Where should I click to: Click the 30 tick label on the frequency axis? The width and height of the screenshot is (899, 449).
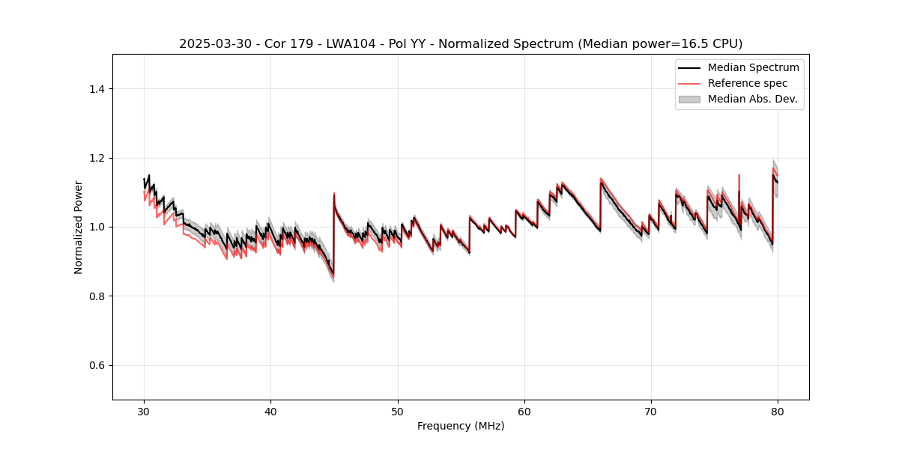[x=144, y=412]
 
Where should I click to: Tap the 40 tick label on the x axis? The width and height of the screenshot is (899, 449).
[x=270, y=412]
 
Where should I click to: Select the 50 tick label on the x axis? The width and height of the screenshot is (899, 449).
[x=397, y=412]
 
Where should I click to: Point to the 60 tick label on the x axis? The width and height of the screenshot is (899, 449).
[x=524, y=412]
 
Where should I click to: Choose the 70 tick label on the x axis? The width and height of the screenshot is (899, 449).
[x=651, y=412]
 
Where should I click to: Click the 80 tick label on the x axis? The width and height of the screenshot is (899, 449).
[x=778, y=412]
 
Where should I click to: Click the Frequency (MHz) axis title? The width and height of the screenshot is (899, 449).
[x=461, y=426]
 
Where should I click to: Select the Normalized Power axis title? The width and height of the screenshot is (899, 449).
[x=79, y=227]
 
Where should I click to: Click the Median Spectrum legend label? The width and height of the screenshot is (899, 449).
[x=753, y=67]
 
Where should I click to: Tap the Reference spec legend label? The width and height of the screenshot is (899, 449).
[x=748, y=83]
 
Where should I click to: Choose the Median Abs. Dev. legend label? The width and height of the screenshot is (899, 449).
[x=753, y=99]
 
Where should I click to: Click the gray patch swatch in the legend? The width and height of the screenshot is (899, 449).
[x=689, y=99]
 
